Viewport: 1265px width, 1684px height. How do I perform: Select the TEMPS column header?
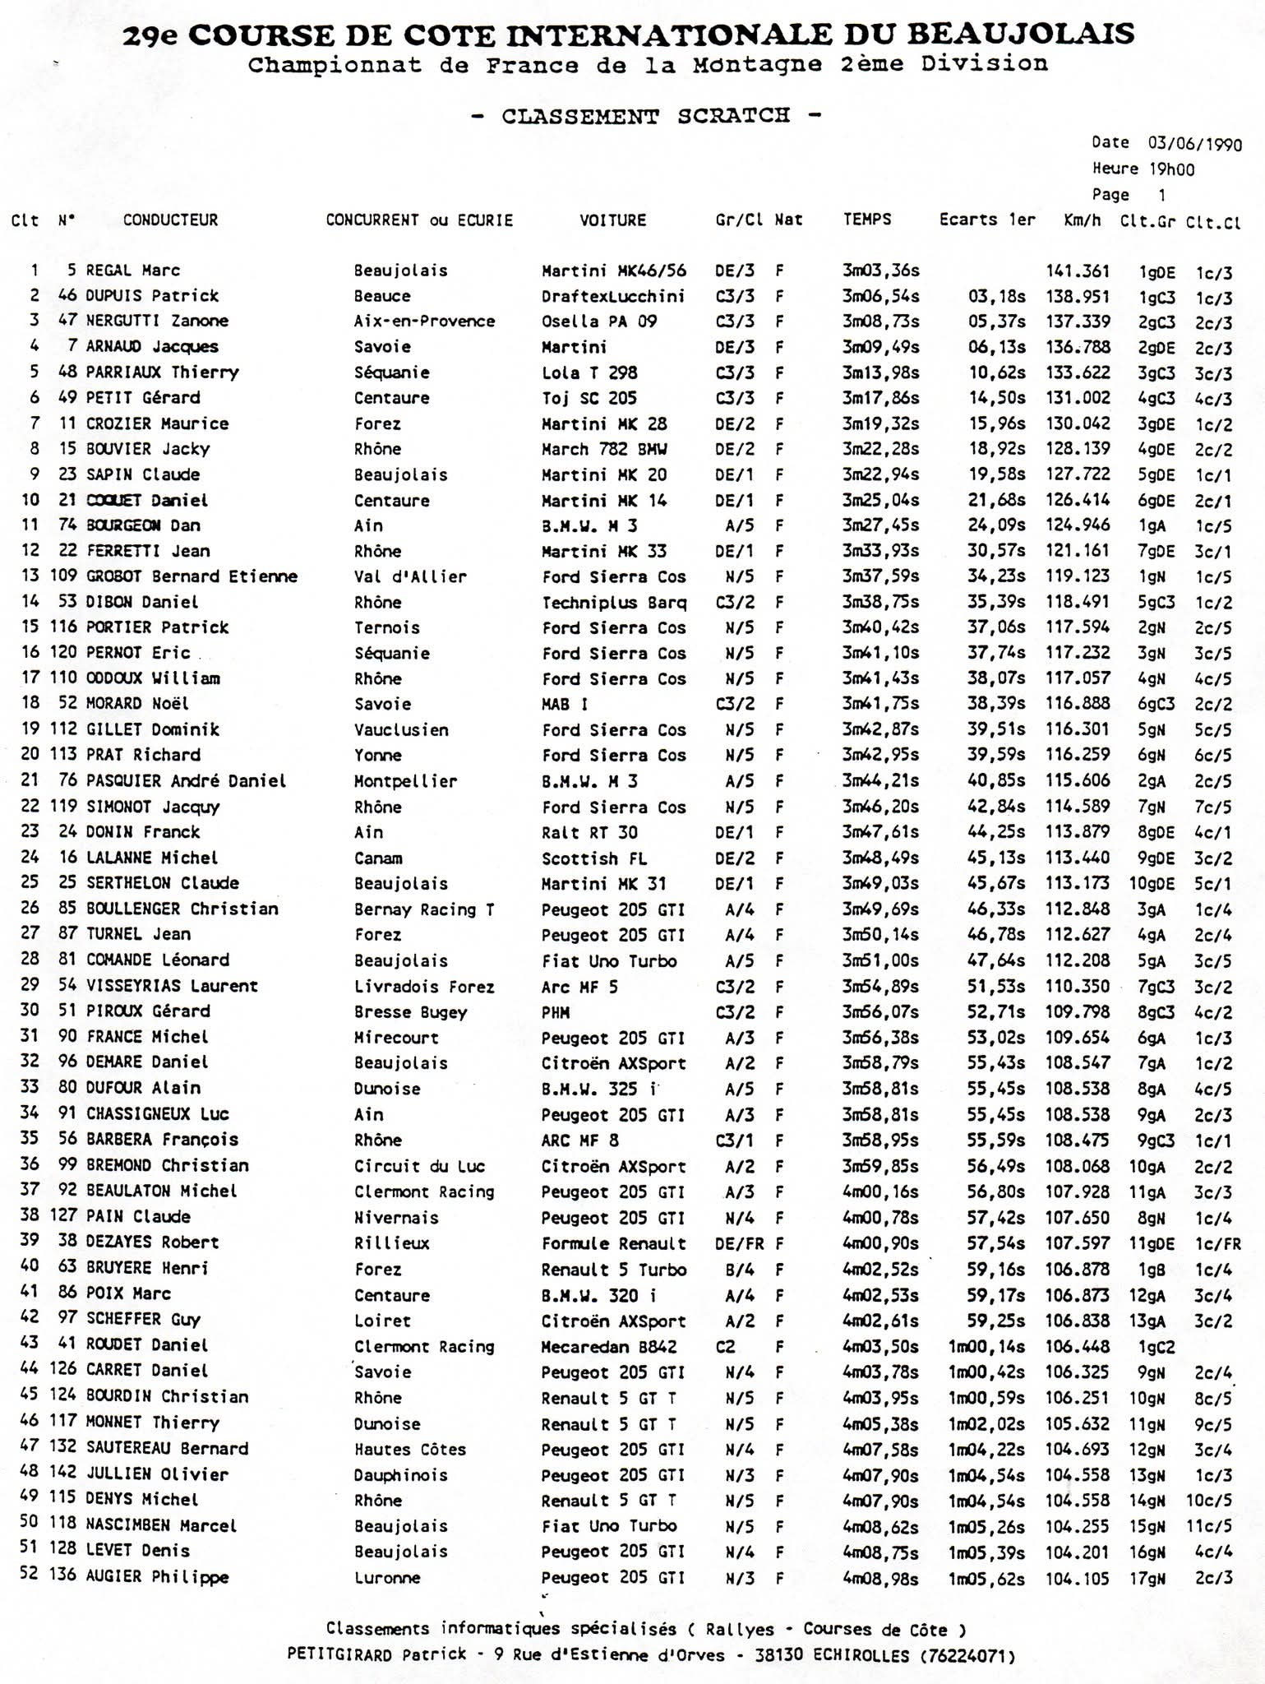point(866,220)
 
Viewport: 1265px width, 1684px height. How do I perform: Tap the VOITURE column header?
point(612,220)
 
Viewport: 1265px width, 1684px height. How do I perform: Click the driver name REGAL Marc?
point(133,271)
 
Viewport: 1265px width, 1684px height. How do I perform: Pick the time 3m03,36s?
point(880,271)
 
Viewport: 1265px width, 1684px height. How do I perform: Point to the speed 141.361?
point(1077,271)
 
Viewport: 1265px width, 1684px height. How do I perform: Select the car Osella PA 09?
point(599,322)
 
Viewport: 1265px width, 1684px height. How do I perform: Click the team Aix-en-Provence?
point(424,322)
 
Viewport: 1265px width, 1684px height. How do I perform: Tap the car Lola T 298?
point(589,372)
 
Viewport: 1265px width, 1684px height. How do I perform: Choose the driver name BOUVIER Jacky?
point(148,449)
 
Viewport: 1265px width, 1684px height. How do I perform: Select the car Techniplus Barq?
point(614,603)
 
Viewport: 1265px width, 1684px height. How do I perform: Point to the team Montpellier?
point(405,781)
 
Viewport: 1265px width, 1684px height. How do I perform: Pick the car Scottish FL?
point(593,858)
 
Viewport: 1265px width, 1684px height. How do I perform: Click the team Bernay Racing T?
point(424,909)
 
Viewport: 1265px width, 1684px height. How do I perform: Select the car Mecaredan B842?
point(609,1346)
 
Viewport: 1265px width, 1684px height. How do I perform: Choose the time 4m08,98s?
point(880,1576)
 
